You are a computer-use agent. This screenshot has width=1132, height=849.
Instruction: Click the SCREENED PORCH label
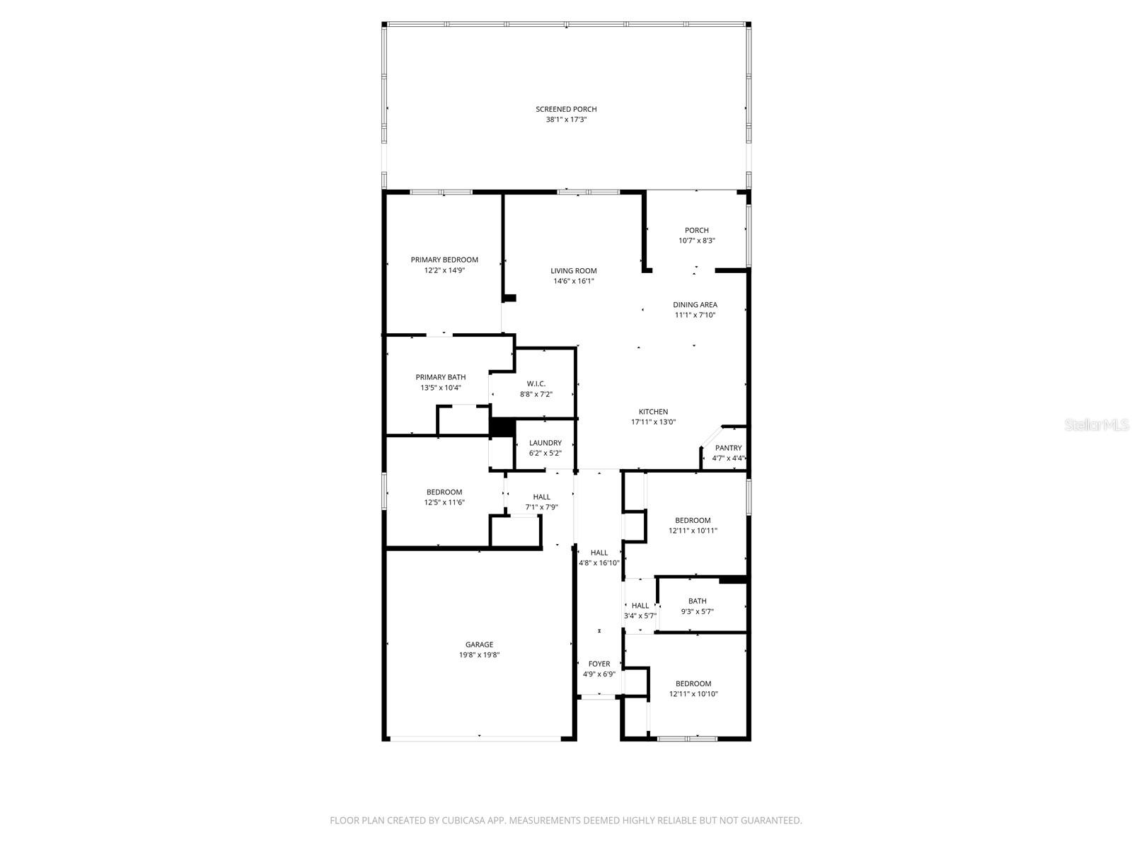[x=566, y=109]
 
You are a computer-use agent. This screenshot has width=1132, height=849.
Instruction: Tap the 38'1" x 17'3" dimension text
[x=566, y=120]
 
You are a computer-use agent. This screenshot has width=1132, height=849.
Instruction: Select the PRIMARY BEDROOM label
[x=444, y=260]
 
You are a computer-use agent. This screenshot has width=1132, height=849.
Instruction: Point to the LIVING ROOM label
[x=574, y=270]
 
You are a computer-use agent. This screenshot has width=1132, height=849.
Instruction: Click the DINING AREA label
[x=695, y=305]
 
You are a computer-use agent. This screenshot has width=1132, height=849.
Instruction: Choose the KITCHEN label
[x=653, y=412]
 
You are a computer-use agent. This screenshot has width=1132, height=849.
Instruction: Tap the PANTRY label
[x=728, y=448]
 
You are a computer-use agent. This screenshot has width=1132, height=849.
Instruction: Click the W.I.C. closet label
[x=536, y=383]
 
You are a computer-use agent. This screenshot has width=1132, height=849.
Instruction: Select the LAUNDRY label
[x=545, y=443]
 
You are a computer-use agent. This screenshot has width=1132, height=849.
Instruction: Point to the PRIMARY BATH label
[x=440, y=377]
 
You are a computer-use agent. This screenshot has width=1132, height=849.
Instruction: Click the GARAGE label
[x=479, y=645]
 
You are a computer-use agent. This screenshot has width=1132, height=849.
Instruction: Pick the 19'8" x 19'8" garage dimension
[x=479, y=655]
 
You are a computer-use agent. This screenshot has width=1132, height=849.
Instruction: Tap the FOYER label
[x=599, y=664]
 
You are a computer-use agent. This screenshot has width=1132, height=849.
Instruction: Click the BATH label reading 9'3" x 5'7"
[x=697, y=601]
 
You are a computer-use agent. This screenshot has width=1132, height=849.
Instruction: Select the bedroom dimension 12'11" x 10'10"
[x=693, y=694]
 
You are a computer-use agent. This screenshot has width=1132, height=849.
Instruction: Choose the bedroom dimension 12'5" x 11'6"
[x=444, y=502]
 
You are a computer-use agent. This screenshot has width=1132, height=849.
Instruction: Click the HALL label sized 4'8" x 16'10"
[x=599, y=553]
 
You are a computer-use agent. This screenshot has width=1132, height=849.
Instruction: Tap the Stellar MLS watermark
[x=1097, y=425]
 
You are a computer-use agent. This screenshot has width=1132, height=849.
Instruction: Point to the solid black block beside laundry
[x=502, y=427]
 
